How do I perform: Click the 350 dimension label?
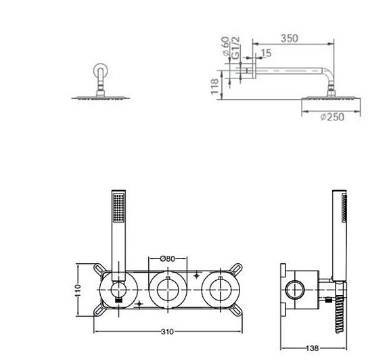[290, 39]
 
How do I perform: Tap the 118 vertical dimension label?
[214, 87]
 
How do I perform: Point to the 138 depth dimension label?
[312, 348]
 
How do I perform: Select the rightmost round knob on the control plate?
[216, 291]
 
